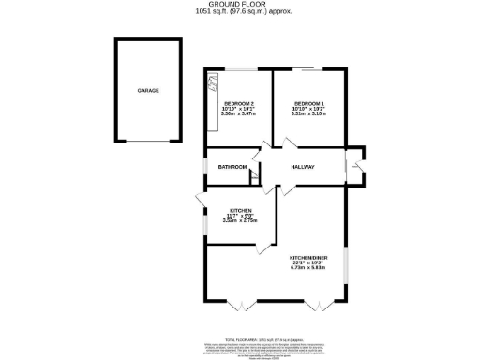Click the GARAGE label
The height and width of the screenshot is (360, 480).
click(148, 91)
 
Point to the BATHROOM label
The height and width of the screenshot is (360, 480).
click(232, 167)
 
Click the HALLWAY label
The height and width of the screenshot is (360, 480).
click(302, 167)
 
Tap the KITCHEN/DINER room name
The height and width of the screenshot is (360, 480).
click(308, 255)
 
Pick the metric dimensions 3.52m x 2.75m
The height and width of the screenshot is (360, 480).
click(240, 220)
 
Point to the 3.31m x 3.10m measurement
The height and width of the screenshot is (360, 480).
click(309, 113)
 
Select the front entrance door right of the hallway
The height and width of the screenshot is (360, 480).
click(353, 169)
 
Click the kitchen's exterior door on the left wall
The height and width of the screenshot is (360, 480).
click(200, 201)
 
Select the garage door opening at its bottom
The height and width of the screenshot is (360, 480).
click(148, 141)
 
